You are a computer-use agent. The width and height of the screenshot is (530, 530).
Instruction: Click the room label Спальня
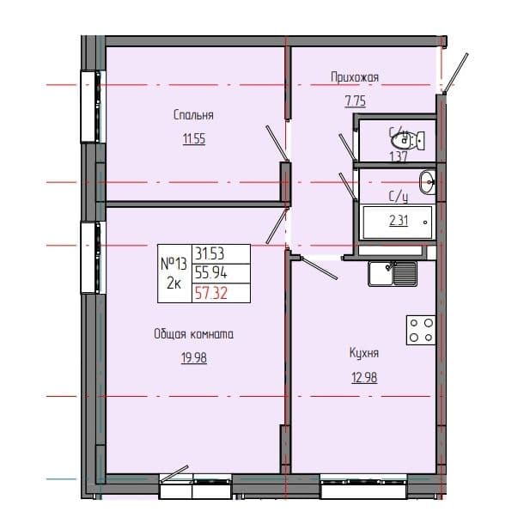(x=192, y=115)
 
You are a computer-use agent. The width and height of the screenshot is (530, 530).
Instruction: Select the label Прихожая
(x=355, y=77)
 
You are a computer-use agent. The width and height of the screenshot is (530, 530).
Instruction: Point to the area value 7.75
(x=355, y=100)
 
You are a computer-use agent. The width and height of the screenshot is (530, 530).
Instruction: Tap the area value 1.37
(x=398, y=156)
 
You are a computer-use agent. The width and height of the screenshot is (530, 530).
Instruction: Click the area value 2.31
(x=399, y=221)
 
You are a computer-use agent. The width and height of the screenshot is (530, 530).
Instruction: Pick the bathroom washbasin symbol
(x=427, y=180)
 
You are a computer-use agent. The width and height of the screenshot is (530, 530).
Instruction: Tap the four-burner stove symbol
(x=420, y=330)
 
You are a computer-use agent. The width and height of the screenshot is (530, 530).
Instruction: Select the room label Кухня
(x=364, y=352)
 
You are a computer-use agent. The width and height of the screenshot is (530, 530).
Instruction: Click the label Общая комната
(x=194, y=335)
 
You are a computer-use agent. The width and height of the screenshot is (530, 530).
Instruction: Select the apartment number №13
(x=174, y=263)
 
